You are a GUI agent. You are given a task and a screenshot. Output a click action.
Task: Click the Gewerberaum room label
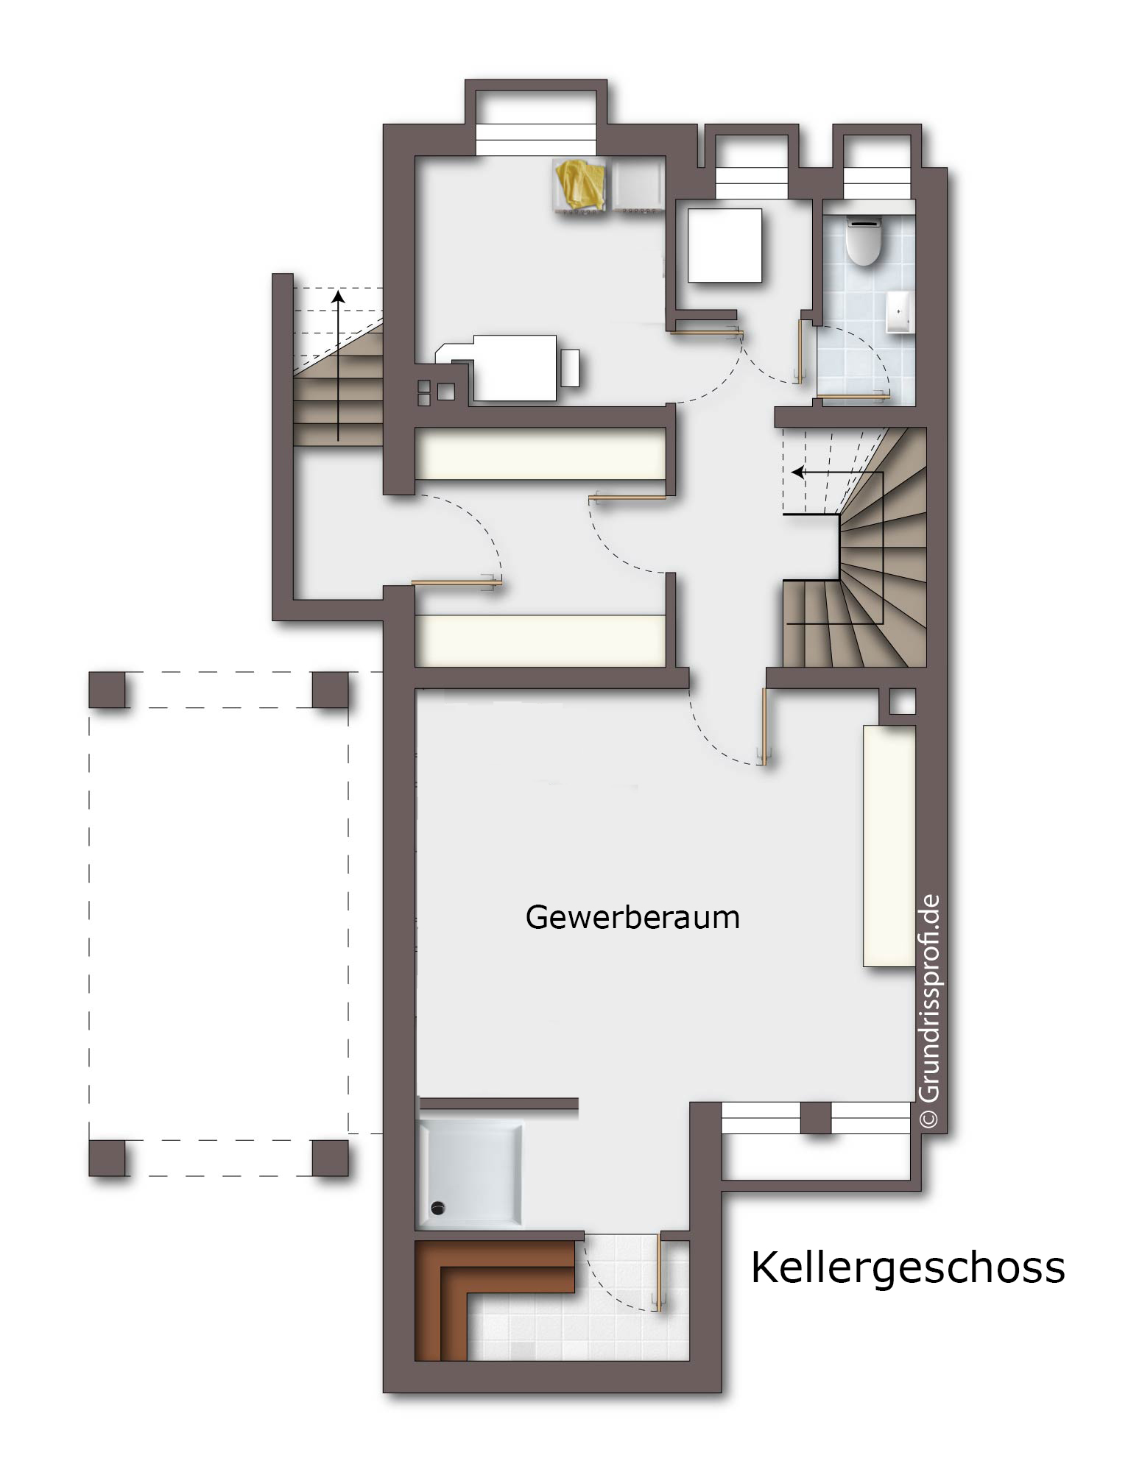pyautogui.click(x=632, y=918)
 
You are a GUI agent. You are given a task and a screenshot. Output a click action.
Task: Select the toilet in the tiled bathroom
pyautogui.click(x=864, y=240)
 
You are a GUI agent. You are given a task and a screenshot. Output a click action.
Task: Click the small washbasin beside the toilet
pyautogui.click(x=900, y=311)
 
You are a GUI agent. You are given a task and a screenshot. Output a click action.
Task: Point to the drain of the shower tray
pyautogui.click(x=439, y=1207)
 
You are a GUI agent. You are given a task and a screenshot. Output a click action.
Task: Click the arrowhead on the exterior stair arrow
pyautogui.click(x=338, y=296)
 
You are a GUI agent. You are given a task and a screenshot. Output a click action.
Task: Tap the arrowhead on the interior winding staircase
pyautogui.click(x=797, y=472)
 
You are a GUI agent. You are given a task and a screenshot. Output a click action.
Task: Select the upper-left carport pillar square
pyautogui.click(x=107, y=690)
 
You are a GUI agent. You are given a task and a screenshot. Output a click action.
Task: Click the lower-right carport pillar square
pyautogui.click(x=330, y=1158)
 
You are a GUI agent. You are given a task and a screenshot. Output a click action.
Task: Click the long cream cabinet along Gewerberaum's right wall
pyautogui.click(x=889, y=846)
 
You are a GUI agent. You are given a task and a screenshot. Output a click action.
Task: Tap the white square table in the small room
pyautogui.click(x=725, y=245)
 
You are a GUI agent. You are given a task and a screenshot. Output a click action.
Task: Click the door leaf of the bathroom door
pyautogui.click(x=853, y=398)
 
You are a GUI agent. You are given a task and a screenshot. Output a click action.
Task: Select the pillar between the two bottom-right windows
pyautogui.click(x=816, y=1117)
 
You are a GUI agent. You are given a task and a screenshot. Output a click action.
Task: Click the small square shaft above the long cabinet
pyautogui.click(x=903, y=701)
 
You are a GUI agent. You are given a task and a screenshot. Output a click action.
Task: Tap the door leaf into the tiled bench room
pyautogui.click(x=660, y=1270)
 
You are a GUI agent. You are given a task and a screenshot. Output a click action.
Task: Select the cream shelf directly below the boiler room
pyautogui.click(x=540, y=453)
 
